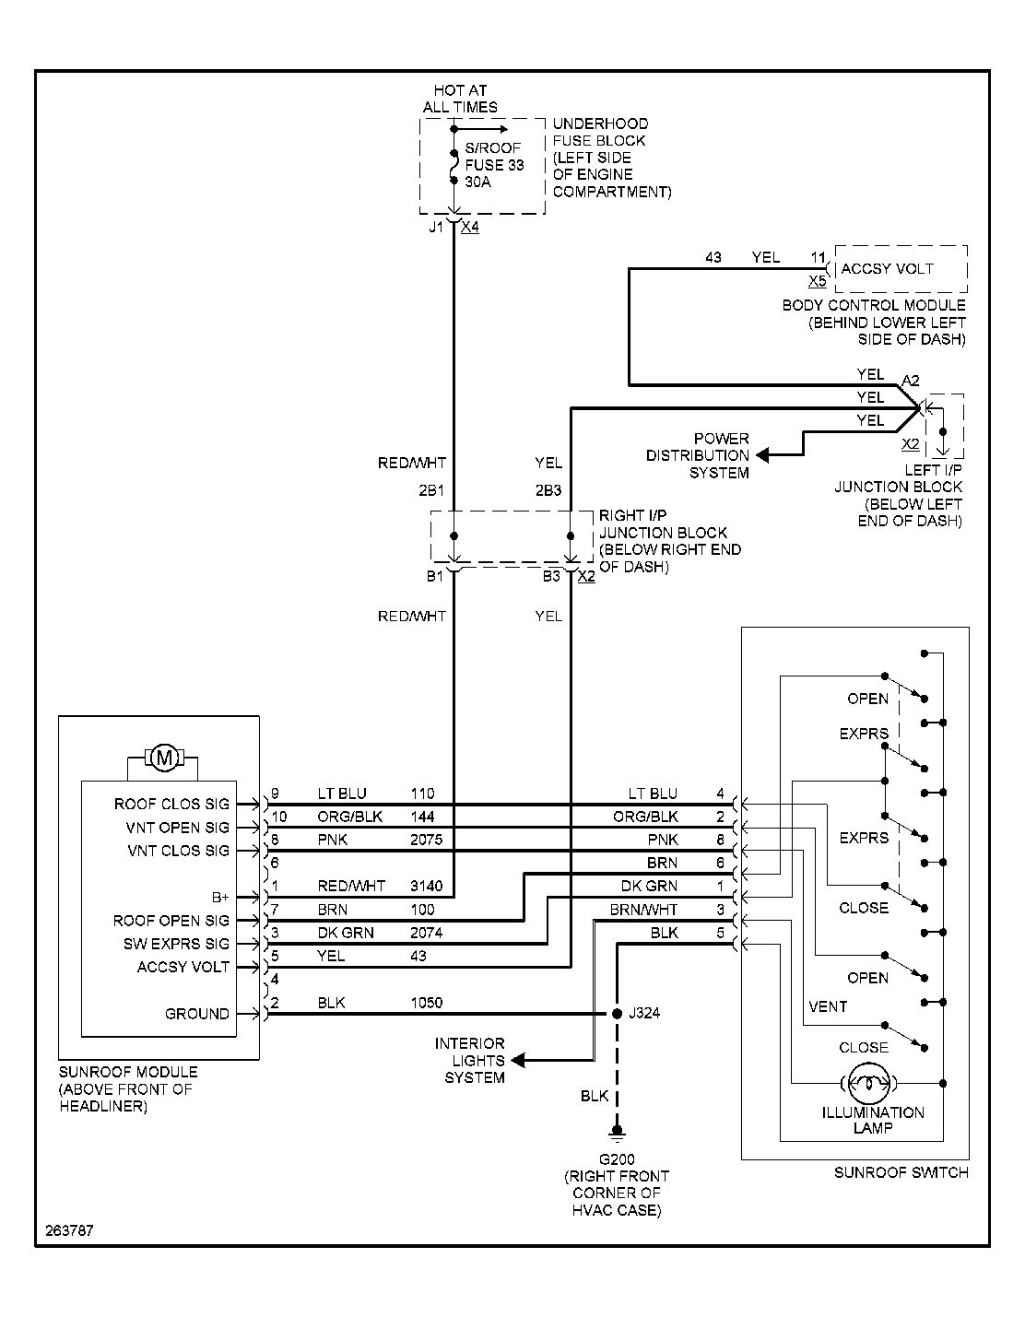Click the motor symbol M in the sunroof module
click(x=164, y=758)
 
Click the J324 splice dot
click(x=617, y=1014)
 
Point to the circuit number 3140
click(x=426, y=887)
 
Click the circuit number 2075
click(x=426, y=840)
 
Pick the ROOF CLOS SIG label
click(x=171, y=805)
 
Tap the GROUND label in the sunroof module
click(x=197, y=1014)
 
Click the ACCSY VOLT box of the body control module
click(x=900, y=268)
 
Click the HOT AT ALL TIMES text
click(x=460, y=99)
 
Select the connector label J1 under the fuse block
click(x=435, y=227)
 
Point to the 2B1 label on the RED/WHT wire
click(x=431, y=491)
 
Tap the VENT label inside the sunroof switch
click(x=827, y=1006)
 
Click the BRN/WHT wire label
click(x=643, y=910)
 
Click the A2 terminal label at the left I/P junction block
click(x=910, y=381)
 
